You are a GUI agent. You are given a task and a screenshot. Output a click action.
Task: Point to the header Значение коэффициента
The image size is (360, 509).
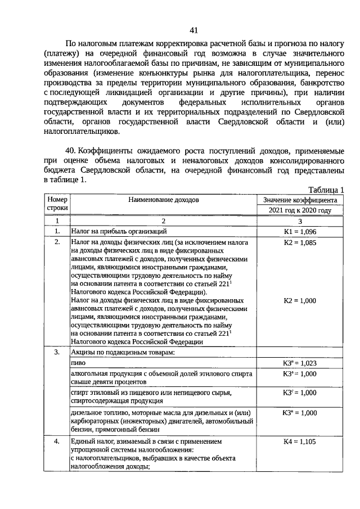(300, 199)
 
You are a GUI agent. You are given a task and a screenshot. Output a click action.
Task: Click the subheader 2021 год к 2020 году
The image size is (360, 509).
(300, 210)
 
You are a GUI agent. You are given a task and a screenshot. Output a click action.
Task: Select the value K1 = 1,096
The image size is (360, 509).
(300, 231)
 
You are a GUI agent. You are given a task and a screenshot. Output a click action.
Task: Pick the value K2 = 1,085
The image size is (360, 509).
(300, 242)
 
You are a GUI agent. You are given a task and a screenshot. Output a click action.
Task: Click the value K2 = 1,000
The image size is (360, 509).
(300, 301)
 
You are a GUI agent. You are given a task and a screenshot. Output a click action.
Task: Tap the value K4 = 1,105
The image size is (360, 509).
(300, 442)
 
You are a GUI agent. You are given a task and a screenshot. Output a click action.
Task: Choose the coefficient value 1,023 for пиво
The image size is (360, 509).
(300, 363)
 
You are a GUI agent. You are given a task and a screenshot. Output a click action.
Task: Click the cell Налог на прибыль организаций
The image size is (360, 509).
(118, 231)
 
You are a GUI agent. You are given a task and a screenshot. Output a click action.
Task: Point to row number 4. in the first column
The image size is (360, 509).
(57, 442)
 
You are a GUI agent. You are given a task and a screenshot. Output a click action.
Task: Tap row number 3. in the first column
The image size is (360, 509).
(57, 353)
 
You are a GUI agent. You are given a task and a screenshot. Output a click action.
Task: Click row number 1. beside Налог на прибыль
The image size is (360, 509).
(57, 231)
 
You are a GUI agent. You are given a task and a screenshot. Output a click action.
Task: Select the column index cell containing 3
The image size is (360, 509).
(300, 221)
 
